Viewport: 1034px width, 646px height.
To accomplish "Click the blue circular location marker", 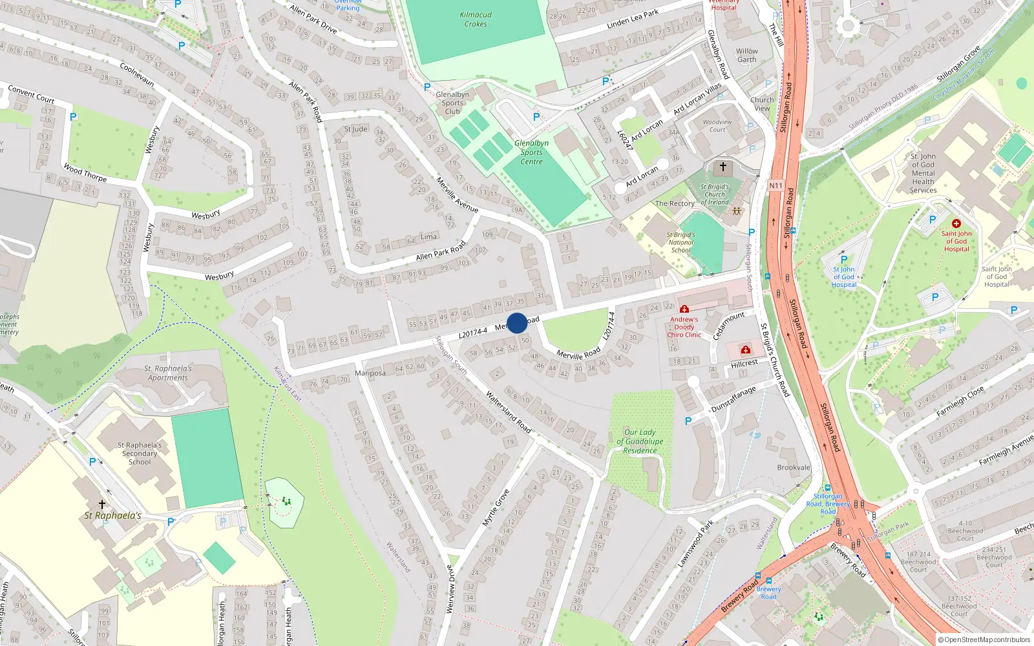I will pyautogui.click(x=517, y=323).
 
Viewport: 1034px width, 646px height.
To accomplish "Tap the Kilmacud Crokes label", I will pyautogui.click(x=476, y=19).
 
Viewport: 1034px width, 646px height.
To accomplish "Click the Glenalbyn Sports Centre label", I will pyautogui.click(x=531, y=152).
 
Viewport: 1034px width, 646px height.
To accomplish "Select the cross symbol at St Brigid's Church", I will pyautogui.click(x=723, y=167).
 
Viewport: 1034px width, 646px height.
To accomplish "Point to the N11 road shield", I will pyautogui.click(x=775, y=185).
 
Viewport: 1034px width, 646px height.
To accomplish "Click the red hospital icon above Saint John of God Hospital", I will pyautogui.click(x=956, y=224).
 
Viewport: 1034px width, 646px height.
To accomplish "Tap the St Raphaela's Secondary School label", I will pyautogui.click(x=140, y=453).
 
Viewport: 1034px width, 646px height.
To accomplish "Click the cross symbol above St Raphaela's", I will pyautogui.click(x=101, y=504).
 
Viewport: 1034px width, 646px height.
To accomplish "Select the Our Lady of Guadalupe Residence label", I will pyautogui.click(x=640, y=441).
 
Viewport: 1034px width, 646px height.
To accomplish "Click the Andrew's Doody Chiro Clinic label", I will pyautogui.click(x=684, y=327).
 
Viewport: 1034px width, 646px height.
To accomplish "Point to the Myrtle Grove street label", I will pyautogui.click(x=496, y=508).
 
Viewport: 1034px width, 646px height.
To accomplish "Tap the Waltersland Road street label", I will pyautogui.click(x=509, y=412).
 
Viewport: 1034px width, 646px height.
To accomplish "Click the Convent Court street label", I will pyautogui.click(x=31, y=94).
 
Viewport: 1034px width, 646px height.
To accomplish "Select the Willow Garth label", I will pyautogui.click(x=746, y=56).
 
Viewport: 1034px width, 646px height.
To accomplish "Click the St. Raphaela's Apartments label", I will pyautogui.click(x=168, y=373).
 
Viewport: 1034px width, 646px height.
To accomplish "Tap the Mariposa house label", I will pyautogui.click(x=370, y=373).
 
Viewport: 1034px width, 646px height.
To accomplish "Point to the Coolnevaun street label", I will pyautogui.click(x=137, y=74).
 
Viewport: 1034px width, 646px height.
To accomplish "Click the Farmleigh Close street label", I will pyautogui.click(x=960, y=401).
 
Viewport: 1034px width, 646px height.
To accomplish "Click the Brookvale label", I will pyautogui.click(x=794, y=468).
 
